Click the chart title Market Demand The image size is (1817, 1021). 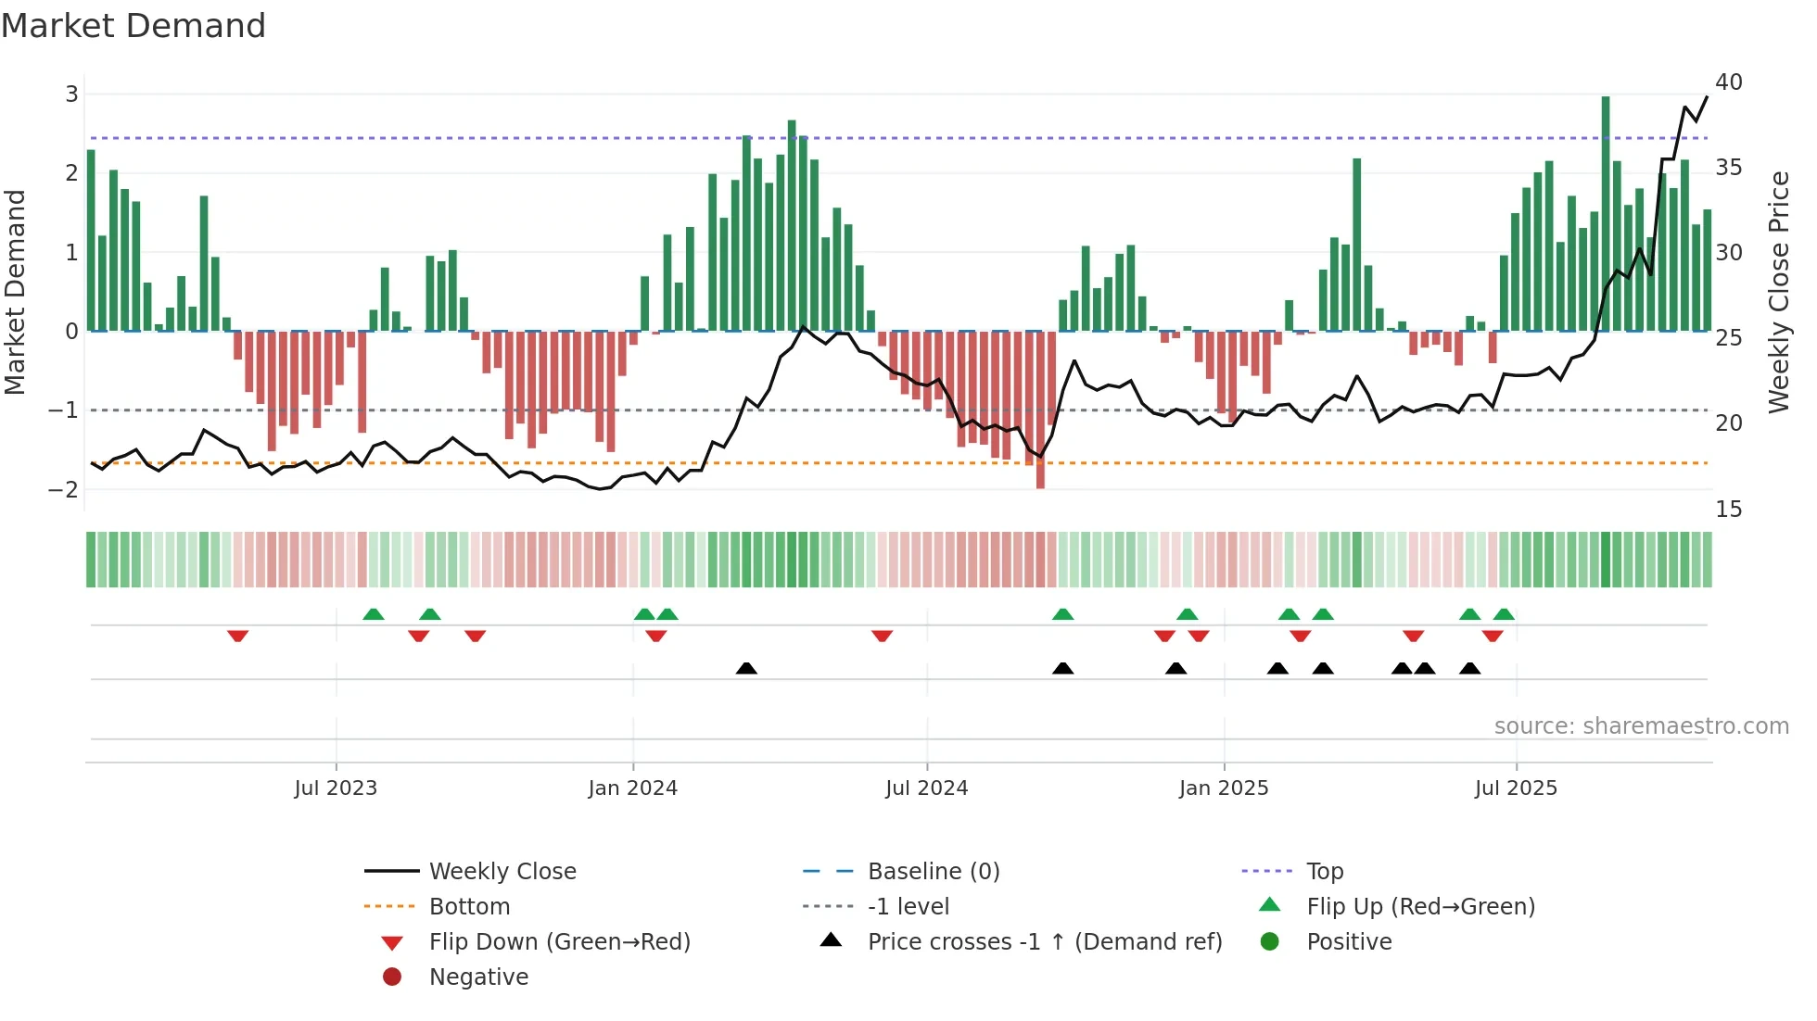[x=133, y=26]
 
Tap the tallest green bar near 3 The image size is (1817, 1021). [x=1606, y=213]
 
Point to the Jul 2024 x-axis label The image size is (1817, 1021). [x=926, y=788]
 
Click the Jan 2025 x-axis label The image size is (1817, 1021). [x=1224, y=788]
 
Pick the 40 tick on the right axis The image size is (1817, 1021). [x=1728, y=82]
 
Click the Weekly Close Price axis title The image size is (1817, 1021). [x=1778, y=292]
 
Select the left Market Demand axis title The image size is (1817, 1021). [x=15, y=292]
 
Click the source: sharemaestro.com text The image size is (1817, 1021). [x=1641, y=726]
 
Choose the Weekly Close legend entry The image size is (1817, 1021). [x=502, y=872]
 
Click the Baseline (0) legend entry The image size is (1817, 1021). [x=933, y=872]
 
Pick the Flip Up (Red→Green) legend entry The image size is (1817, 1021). [x=1420, y=907]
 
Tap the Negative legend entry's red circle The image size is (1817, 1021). [x=392, y=977]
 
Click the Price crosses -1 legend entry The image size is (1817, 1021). [x=1044, y=942]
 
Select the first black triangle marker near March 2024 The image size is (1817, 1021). [x=746, y=668]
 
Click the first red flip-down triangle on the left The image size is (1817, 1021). [x=237, y=636]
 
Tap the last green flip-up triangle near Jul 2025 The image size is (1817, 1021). [x=1504, y=614]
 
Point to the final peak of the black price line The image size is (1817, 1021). [x=1707, y=97]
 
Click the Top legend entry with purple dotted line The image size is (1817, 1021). [x=1324, y=872]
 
